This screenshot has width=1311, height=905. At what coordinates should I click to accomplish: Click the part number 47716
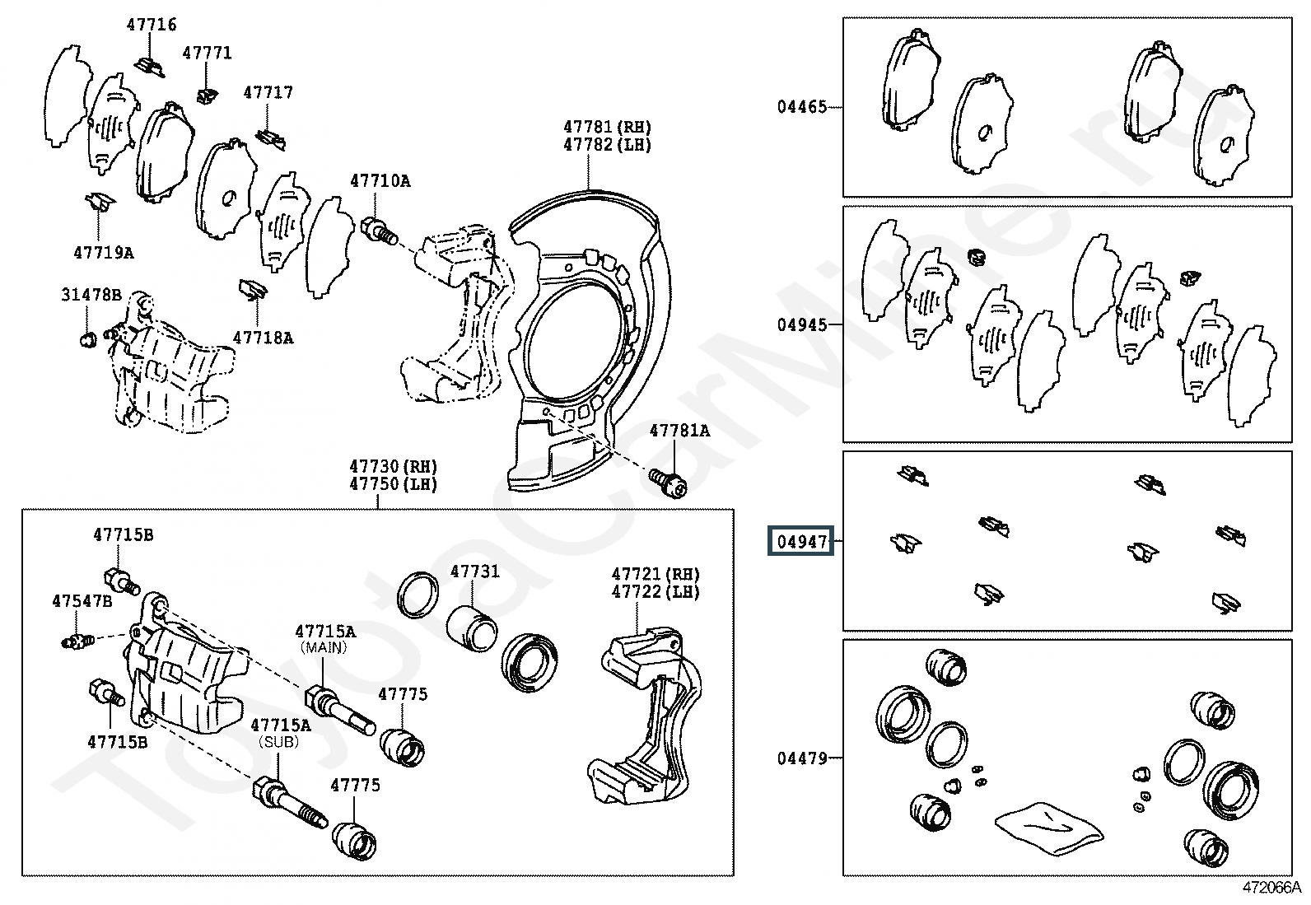(x=152, y=26)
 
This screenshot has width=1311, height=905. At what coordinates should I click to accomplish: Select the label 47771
(x=208, y=54)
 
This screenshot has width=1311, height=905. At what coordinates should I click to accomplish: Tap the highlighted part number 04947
(x=800, y=542)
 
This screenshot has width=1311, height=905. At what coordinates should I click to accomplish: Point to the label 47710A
(x=380, y=181)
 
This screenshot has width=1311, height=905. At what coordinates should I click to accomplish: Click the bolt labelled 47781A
(x=668, y=483)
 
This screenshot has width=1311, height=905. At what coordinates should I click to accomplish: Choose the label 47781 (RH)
(x=608, y=127)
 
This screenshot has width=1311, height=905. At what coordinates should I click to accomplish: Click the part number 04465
(x=802, y=107)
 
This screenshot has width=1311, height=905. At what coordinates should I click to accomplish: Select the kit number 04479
(x=802, y=758)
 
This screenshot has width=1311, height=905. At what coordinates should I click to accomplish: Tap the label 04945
(x=802, y=325)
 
